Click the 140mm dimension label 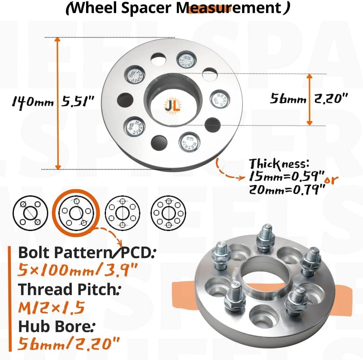pyautogui.click(x=32, y=102)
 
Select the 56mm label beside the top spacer pyautogui.click(x=287, y=99)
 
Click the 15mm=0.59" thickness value pyautogui.click(x=286, y=177)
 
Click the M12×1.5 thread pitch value pyautogui.click(x=52, y=308)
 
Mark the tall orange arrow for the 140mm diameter pyautogui.click(x=57, y=103)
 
